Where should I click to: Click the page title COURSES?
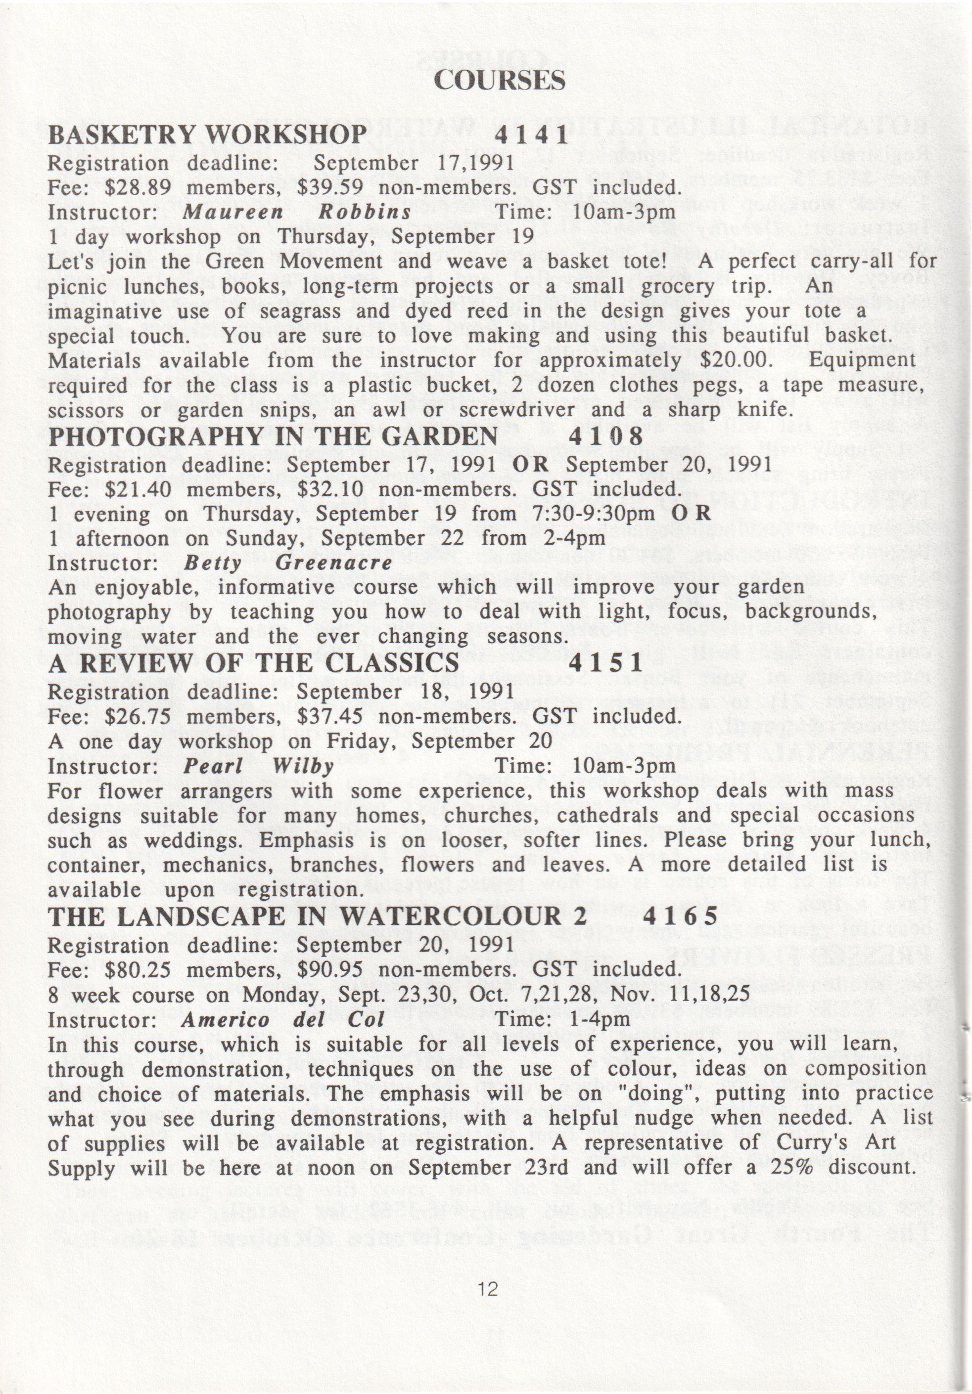[x=500, y=81]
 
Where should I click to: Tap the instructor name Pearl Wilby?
[x=259, y=766]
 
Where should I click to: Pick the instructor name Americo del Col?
[x=282, y=1019]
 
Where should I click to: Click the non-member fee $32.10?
[x=330, y=489]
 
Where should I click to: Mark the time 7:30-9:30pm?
[x=596, y=514]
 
